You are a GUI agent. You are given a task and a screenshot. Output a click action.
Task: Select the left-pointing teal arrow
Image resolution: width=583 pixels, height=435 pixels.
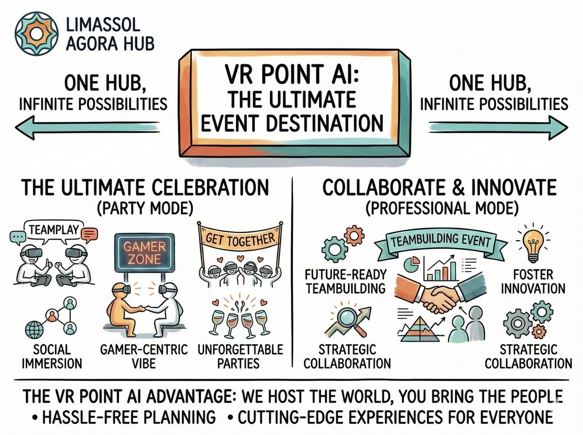pos(87,127)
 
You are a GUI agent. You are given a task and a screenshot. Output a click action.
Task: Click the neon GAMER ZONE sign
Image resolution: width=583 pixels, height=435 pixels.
pos(144,253)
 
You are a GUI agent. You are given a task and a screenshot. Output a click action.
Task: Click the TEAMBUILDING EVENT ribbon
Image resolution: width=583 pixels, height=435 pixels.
pos(441,241)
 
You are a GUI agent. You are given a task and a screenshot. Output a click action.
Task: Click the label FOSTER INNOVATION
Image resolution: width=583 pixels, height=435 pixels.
pos(533,282)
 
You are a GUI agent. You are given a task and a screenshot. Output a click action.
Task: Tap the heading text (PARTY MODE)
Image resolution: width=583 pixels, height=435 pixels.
pos(145,208)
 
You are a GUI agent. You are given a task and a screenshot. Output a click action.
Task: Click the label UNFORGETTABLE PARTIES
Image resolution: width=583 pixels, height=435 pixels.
pos(240,356)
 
